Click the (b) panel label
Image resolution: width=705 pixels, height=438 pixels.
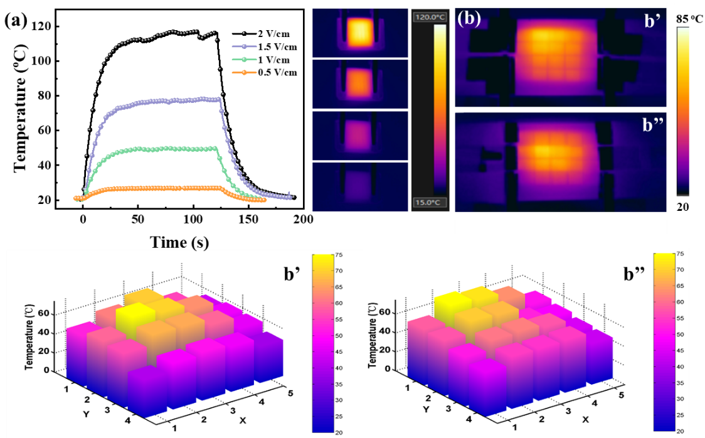pos(469,18)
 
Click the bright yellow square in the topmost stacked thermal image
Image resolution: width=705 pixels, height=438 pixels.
pos(359,32)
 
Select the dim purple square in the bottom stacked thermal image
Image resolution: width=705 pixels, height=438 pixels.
pos(358,184)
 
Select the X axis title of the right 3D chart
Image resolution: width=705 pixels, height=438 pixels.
pos(585,418)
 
